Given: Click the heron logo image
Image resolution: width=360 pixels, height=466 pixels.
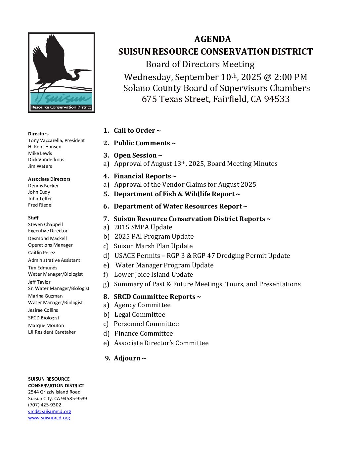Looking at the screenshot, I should click(x=62, y=72).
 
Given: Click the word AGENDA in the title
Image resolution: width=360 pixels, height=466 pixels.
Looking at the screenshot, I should click(x=212, y=39).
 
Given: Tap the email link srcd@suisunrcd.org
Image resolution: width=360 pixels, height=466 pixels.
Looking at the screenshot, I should click(x=50, y=411).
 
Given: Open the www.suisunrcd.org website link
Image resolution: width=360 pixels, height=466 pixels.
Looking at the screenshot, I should click(x=49, y=418).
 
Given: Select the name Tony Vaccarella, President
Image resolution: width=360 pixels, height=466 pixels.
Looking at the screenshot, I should click(x=56, y=140).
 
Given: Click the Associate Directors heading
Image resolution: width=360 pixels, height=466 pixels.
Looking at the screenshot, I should click(x=49, y=179).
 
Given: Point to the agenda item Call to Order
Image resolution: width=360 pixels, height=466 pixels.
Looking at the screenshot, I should click(x=137, y=131).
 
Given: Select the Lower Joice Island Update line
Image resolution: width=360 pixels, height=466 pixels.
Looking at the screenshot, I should click(x=153, y=275).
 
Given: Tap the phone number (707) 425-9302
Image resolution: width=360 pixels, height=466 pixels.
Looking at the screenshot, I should click(x=45, y=405).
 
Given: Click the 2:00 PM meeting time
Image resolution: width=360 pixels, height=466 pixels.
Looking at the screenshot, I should click(x=291, y=77).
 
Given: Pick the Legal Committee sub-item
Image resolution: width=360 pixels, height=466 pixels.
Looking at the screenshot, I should click(x=140, y=315).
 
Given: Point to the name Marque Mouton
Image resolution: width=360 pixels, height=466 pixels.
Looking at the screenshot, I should click(x=46, y=325).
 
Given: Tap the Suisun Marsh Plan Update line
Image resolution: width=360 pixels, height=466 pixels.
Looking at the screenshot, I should click(x=153, y=246).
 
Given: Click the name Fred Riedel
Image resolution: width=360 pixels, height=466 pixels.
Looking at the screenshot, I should click(x=40, y=205).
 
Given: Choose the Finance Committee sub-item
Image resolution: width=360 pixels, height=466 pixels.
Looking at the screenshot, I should click(x=144, y=334).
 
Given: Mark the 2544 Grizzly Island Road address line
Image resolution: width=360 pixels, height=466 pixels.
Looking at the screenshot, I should click(x=54, y=392).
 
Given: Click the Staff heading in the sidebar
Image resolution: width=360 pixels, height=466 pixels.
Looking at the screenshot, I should click(x=33, y=218).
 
